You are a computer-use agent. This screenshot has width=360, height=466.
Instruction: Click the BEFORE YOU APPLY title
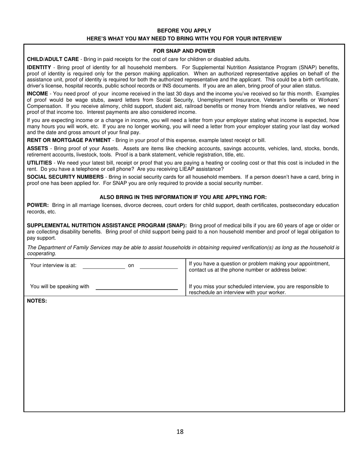coord(184,30)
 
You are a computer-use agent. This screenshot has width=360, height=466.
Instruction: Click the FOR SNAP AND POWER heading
coord(184,51)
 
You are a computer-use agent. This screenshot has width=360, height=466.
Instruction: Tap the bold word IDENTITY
coord(39,67)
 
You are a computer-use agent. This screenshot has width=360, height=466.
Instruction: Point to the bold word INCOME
coord(37,93)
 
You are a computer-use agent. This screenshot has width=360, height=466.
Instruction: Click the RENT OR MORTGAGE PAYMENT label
coord(69,140)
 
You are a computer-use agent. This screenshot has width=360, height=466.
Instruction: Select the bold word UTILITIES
coord(39,163)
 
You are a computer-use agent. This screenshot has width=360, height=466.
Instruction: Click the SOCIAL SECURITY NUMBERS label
coord(65,177)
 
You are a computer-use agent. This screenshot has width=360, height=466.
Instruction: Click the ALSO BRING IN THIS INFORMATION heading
coord(183,197)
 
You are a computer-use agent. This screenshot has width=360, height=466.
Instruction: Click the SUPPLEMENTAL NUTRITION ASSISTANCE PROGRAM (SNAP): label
coord(107,225)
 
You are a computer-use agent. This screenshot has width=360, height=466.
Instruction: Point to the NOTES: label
coord(37,301)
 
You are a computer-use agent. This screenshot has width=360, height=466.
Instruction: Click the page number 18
coord(180,432)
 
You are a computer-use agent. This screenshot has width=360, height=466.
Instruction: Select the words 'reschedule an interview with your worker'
coord(237,293)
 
